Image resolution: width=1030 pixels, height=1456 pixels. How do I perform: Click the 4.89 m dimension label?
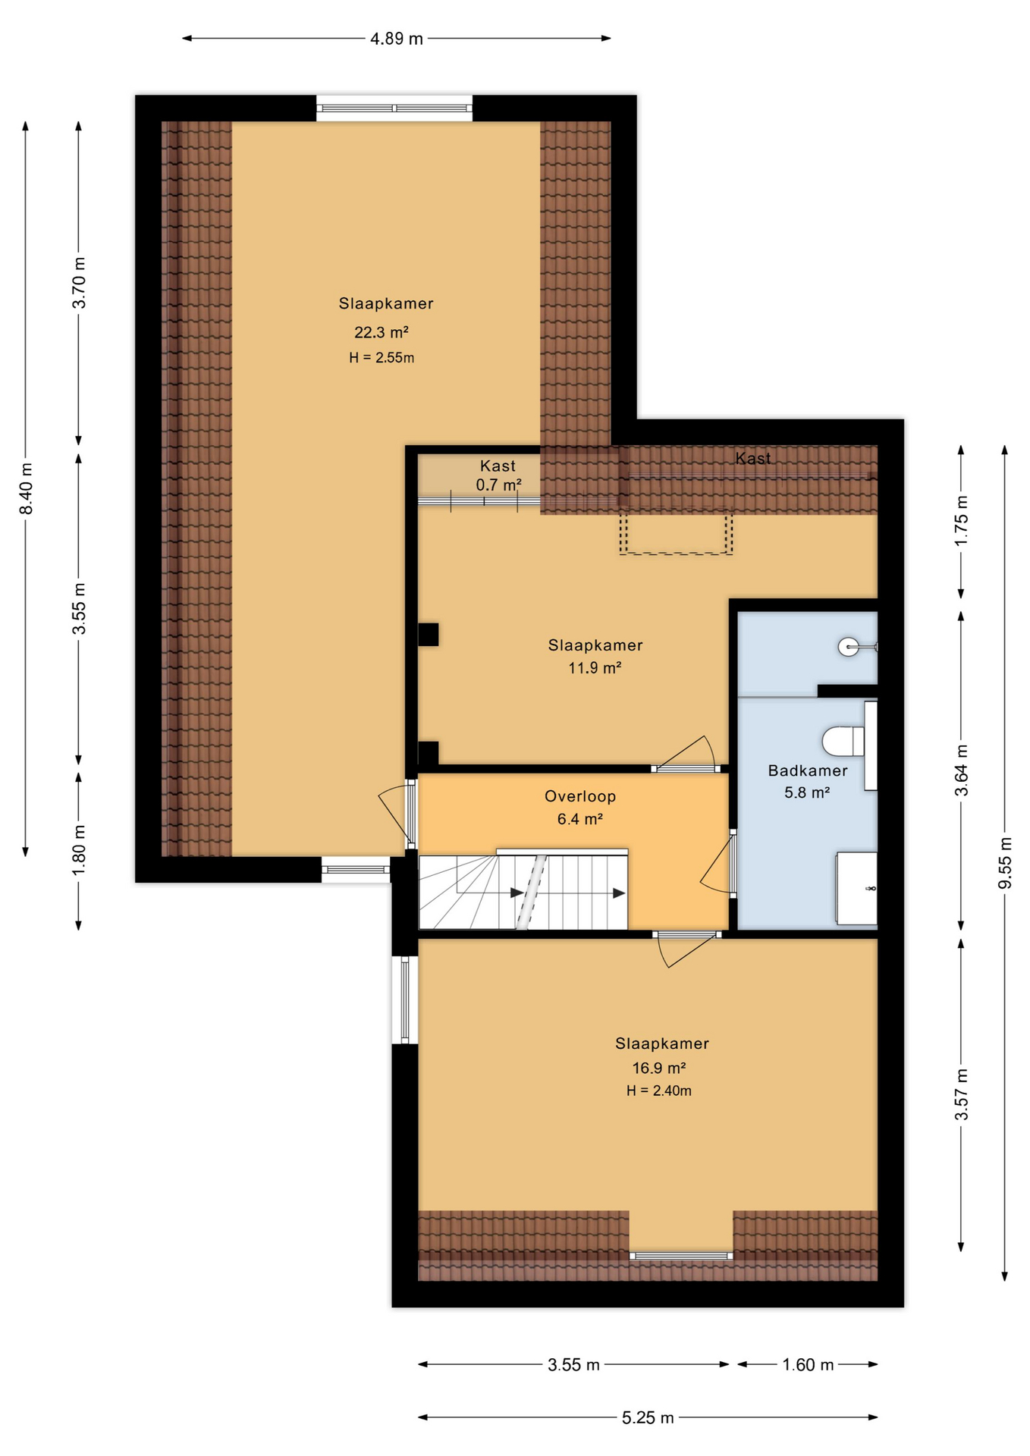[x=396, y=39]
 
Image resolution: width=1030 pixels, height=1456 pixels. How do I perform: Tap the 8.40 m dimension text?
[x=27, y=488]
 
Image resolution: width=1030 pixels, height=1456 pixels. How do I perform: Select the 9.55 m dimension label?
[x=1005, y=863]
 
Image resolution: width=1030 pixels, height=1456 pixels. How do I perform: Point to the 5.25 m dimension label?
[x=648, y=1417]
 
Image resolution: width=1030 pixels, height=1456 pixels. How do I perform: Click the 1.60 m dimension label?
[x=808, y=1364]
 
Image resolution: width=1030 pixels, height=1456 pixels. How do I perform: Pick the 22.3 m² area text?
[x=382, y=332]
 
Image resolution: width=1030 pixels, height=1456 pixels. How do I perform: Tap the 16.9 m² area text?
[x=659, y=1068]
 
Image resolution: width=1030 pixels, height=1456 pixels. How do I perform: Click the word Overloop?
[x=580, y=796]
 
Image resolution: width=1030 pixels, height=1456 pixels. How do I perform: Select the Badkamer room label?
[x=808, y=770]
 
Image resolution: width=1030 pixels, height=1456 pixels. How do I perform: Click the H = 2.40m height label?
[x=659, y=1090]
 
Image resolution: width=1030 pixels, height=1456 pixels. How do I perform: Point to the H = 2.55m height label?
[x=382, y=357]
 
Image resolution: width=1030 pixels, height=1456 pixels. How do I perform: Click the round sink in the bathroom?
[x=849, y=647]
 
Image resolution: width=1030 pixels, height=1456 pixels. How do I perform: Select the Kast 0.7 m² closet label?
[x=498, y=475]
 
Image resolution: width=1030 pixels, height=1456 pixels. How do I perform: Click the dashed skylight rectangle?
[x=676, y=534]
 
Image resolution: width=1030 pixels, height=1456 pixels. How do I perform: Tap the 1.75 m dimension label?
[x=962, y=520]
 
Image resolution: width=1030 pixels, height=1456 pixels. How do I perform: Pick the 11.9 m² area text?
[x=595, y=667]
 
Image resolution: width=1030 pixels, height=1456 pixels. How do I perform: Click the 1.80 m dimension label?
[x=80, y=849]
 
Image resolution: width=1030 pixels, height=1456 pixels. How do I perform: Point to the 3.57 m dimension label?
[x=962, y=1094]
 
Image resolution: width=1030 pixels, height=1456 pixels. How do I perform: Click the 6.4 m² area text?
[x=580, y=819]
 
